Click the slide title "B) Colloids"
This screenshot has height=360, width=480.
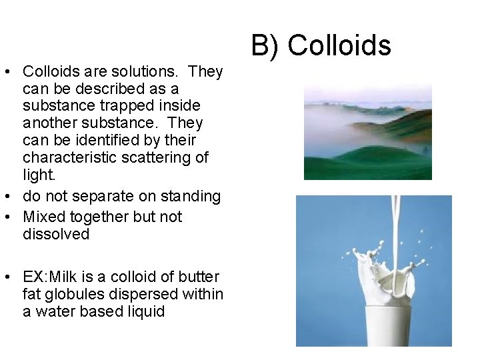tap(321, 45)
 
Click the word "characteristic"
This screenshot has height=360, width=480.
tap(64, 158)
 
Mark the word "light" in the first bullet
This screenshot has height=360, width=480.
tap(36, 175)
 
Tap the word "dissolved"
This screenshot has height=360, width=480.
tap(56, 234)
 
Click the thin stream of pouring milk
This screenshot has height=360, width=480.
tap(395, 220)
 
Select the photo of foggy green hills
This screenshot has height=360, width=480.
tap(367, 131)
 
